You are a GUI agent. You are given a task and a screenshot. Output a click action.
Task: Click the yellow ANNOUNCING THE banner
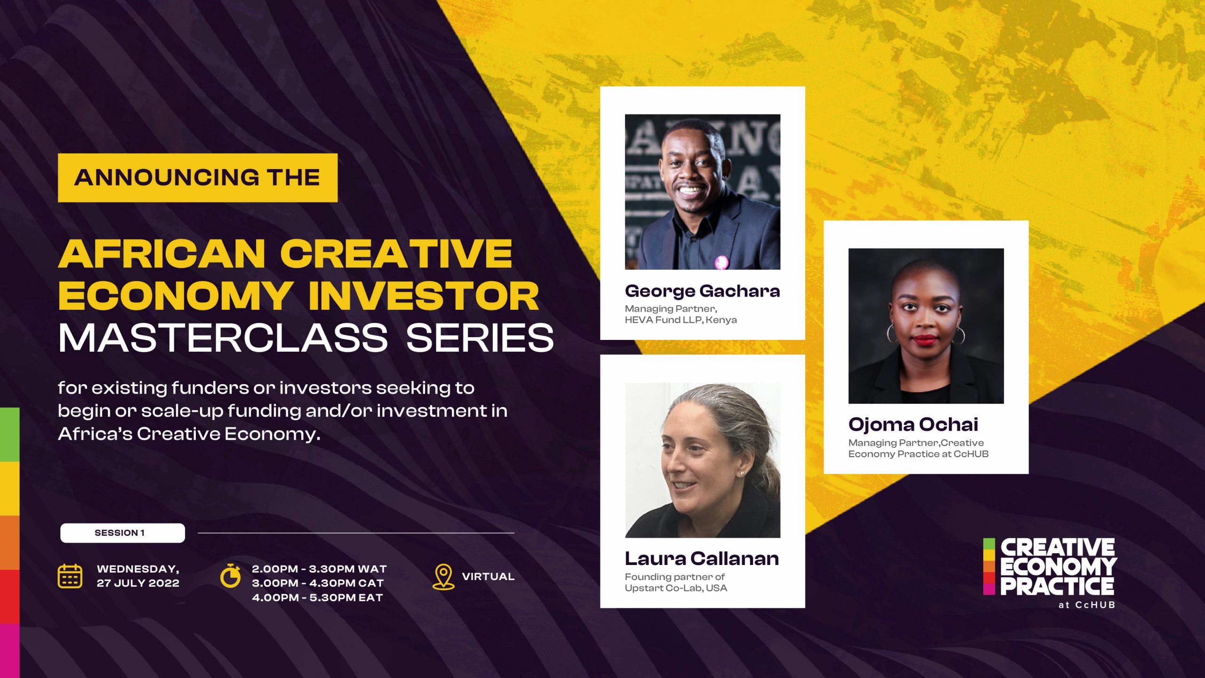coord(198,178)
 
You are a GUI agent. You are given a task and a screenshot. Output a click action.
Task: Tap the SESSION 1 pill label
coord(122,533)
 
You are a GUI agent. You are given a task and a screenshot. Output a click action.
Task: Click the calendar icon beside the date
coord(70,576)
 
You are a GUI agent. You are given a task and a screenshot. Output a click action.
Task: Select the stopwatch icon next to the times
coord(231,575)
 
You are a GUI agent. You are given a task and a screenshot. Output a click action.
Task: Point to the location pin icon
coord(443,577)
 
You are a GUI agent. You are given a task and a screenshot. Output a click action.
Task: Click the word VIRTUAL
coord(488,576)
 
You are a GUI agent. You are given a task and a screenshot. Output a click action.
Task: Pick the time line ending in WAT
coord(319,569)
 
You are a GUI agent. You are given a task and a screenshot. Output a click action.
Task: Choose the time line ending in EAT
coord(317,597)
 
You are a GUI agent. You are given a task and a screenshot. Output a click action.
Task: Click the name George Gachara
coord(702,291)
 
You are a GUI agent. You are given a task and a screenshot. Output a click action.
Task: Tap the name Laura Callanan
coord(702,559)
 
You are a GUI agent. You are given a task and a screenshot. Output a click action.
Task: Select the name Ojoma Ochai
coord(913,425)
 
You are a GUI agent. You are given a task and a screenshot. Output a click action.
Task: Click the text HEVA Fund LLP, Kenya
coord(681,320)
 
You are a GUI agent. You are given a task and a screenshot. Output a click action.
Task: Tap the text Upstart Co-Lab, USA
coord(676,588)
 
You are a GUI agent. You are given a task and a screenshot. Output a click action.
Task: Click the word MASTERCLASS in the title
coord(223,338)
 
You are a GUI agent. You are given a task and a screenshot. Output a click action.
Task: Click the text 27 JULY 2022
coord(138,583)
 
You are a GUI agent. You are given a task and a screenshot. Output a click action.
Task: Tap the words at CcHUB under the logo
coord(1086,605)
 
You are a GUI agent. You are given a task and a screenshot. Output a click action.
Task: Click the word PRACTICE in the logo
coord(1057,586)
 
